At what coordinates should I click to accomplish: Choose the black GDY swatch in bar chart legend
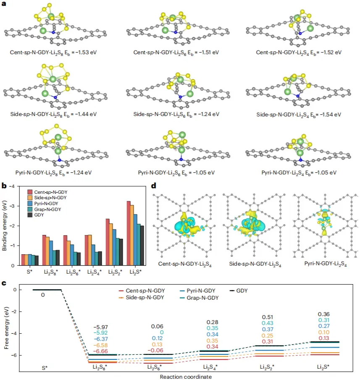(30, 214)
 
